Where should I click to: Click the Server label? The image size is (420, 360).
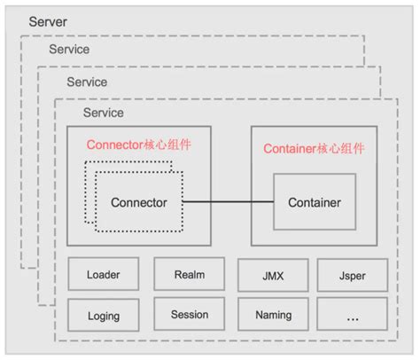point(47,20)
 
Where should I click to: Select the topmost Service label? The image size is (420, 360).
point(69,50)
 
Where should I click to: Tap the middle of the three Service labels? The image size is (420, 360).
point(87,82)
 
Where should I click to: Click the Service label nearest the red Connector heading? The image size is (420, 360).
point(104,113)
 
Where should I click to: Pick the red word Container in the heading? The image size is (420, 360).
point(291,148)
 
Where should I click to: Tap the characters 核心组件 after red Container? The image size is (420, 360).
point(342,148)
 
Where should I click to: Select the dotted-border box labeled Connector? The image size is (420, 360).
point(139,202)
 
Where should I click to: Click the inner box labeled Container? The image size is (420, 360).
point(314,202)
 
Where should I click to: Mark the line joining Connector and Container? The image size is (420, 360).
point(228,202)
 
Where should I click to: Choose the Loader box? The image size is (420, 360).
point(104,275)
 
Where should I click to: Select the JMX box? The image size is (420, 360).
point(273,276)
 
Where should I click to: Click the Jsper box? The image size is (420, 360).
point(352,276)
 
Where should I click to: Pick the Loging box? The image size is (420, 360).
point(104,315)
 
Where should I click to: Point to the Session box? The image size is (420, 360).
point(190,314)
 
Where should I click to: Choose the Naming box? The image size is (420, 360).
point(273,315)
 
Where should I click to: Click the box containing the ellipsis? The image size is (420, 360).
point(352,315)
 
